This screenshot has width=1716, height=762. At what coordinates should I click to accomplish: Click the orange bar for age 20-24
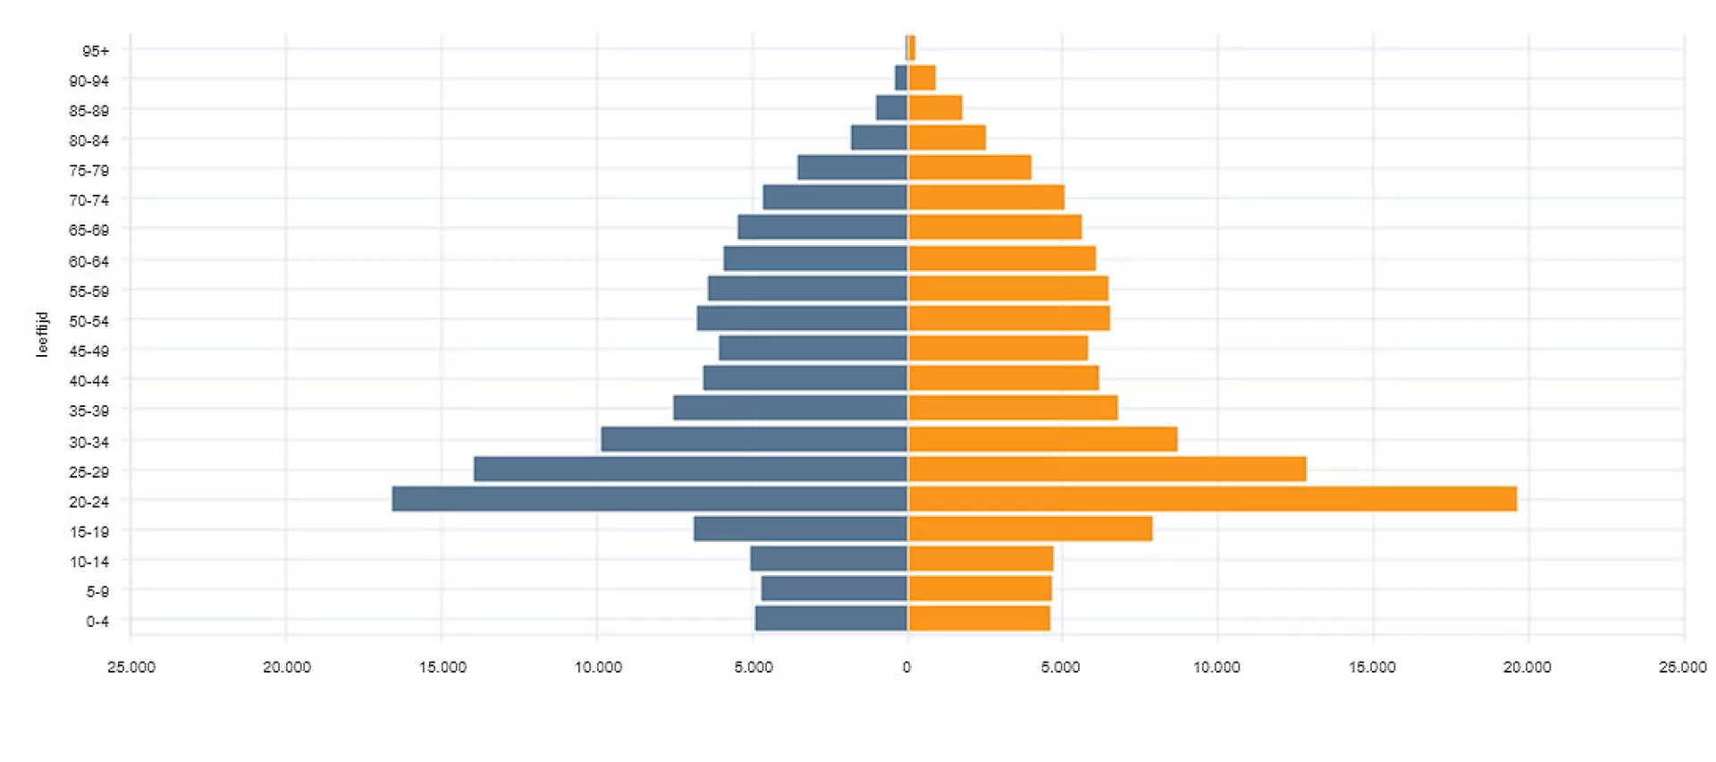(x=1212, y=499)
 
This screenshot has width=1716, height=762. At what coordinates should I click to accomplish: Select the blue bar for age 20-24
(x=650, y=499)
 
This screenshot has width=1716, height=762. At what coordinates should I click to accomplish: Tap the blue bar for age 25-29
(x=691, y=469)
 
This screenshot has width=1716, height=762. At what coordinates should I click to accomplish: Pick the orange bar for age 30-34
(x=1042, y=439)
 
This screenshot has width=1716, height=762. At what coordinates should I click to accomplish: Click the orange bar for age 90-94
(x=922, y=79)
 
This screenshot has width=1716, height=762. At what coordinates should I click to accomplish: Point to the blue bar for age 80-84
(x=879, y=138)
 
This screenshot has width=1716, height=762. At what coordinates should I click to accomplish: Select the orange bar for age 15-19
(x=1030, y=529)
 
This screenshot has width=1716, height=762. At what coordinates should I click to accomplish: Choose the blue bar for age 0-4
(x=831, y=618)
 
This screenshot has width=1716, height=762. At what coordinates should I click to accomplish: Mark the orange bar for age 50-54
(x=1009, y=318)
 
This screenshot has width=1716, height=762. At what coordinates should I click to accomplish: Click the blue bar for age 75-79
(x=853, y=167)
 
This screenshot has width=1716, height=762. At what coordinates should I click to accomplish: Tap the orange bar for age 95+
(x=912, y=48)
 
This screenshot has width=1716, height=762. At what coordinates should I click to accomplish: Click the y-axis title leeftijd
(x=42, y=334)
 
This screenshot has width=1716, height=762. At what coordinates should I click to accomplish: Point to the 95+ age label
(x=96, y=51)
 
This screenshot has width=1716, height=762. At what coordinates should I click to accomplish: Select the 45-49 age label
(x=89, y=351)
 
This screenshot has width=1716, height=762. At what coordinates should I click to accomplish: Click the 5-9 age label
(x=97, y=591)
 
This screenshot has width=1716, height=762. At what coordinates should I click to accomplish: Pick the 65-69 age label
(x=89, y=230)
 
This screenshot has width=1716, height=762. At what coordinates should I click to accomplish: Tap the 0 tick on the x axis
(x=906, y=667)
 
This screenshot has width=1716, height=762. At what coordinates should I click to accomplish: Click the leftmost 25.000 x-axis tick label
(x=131, y=667)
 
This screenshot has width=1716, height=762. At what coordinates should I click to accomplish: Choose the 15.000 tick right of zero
(x=1372, y=667)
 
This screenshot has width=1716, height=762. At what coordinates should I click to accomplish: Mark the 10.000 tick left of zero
(x=598, y=667)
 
